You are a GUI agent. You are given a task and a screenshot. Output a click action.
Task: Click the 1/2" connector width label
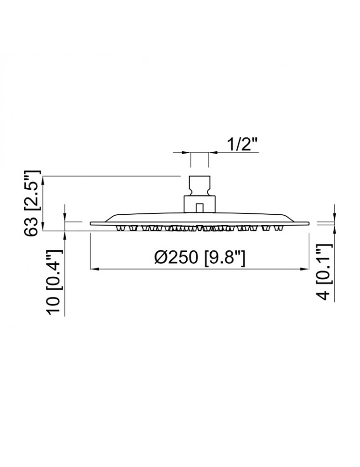242,145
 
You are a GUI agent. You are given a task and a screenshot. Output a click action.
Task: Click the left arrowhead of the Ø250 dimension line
94,269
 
